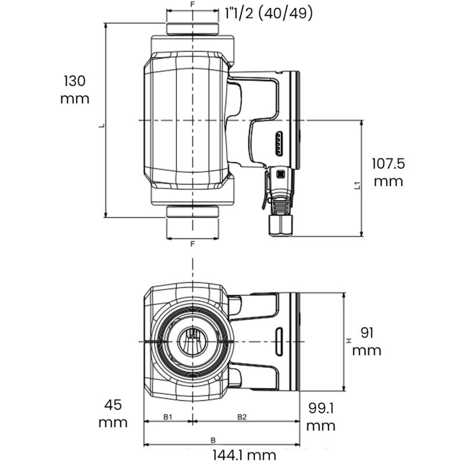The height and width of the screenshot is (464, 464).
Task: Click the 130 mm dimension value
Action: pyautogui.click(x=75, y=89)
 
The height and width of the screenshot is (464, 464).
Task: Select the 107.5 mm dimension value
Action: pyautogui.click(x=388, y=172)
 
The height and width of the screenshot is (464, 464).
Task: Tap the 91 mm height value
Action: pyautogui.click(x=367, y=342)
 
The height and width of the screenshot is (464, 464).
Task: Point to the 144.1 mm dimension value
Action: pyautogui.click(x=236, y=455)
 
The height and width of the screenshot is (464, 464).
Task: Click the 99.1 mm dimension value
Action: pyautogui.click(x=320, y=417)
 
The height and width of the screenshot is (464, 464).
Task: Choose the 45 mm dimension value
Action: pyautogui.click(x=113, y=413)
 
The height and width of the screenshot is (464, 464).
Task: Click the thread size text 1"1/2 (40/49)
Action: pyautogui.click(x=269, y=13)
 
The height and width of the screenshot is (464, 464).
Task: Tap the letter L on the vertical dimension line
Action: pyautogui.click(x=101, y=125)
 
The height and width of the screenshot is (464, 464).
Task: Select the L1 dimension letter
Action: pyautogui.click(x=357, y=185)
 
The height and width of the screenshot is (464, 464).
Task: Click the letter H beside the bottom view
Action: pyautogui.click(x=349, y=342)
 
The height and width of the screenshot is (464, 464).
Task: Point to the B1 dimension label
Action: pyautogui.click(x=168, y=416)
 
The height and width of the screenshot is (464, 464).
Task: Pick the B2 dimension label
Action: pyautogui.click(x=242, y=416)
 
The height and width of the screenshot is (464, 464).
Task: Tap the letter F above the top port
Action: pyautogui.click(x=193, y=4)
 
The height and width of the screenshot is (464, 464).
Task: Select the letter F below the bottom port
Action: pyautogui.click(x=193, y=244)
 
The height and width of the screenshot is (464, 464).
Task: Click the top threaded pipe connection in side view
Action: pyautogui.click(x=193, y=29)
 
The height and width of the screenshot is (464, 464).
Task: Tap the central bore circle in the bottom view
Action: pyautogui.click(x=193, y=341)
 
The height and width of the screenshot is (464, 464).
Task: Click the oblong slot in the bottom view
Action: pyautogui.click(x=279, y=341)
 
